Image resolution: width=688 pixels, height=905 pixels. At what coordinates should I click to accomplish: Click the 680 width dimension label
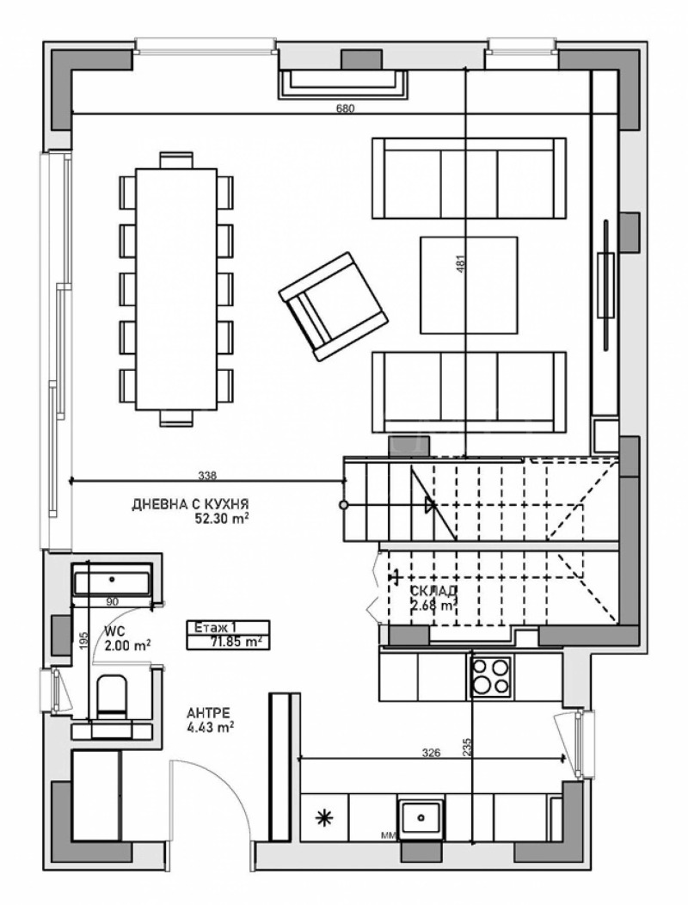click(346, 108)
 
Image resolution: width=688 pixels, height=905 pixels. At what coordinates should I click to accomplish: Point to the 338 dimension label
click(207, 474)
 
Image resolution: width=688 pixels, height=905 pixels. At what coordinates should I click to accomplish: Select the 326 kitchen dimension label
click(432, 754)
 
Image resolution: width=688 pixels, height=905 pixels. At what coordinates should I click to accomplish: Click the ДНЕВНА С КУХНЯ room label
click(184, 505)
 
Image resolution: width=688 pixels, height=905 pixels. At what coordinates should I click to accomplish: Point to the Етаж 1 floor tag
click(211, 627)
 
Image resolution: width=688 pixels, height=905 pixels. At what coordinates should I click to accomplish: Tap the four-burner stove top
click(491, 675)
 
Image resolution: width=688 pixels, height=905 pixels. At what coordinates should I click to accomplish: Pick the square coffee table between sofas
click(469, 284)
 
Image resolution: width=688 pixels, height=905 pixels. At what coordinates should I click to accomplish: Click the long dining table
click(175, 288)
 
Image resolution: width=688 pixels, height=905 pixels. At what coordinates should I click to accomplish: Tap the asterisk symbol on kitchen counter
click(325, 817)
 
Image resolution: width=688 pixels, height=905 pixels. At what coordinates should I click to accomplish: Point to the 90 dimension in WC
click(112, 600)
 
